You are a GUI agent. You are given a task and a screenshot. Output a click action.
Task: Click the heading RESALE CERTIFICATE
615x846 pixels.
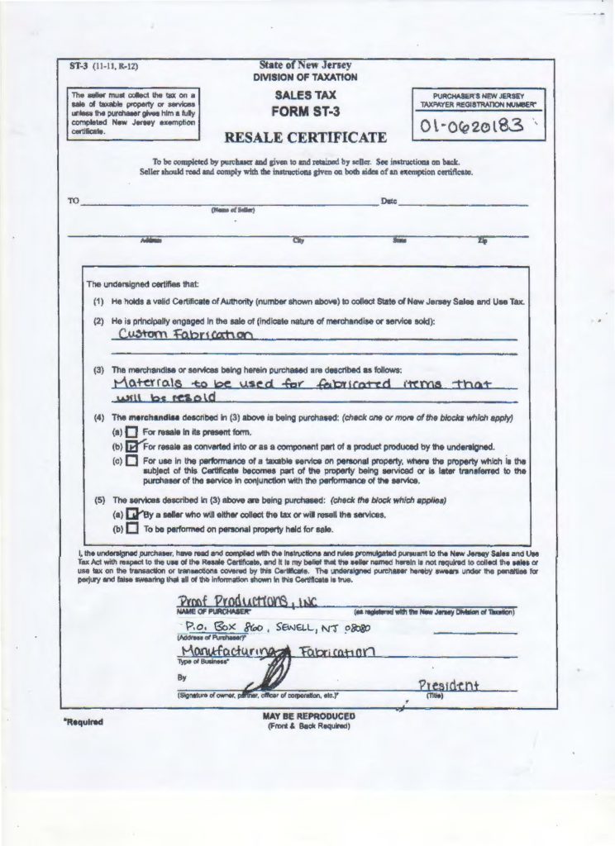click(x=306, y=136)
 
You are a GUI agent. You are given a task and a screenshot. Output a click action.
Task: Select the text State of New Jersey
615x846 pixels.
click(x=305, y=65)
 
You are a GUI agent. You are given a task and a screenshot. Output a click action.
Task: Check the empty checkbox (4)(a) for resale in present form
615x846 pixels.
click(x=131, y=433)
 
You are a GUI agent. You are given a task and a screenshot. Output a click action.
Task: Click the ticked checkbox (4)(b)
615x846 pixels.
click(x=131, y=447)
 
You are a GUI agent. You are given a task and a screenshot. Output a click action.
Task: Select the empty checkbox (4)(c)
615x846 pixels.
click(x=131, y=461)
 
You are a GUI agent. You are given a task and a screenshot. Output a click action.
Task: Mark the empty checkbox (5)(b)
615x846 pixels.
click(x=131, y=528)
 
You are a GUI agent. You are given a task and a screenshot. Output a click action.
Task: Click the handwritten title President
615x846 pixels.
click(x=449, y=686)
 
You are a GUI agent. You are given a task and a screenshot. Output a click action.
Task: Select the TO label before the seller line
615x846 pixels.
click(x=73, y=202)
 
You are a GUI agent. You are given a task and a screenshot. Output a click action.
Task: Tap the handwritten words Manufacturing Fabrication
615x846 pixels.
click(x=262, y=654)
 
